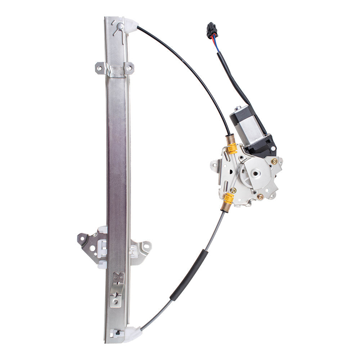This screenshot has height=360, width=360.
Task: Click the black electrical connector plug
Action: pyautogui.click(x=211, y=30)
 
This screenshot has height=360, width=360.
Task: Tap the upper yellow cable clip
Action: pyautogui.click(x=232, y=148)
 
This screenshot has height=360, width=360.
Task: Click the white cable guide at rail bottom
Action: pyautogui.click(x=132, y=333)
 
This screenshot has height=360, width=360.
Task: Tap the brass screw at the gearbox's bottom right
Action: pyautogui.click(x=260, y=197)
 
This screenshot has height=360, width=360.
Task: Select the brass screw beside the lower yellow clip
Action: pyautogui.click(x=234, y=190)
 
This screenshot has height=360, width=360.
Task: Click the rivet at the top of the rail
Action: pyautogui.click(x=120, y=26)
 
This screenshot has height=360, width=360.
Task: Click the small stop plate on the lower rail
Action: pyautogui.click(x=117, y=288)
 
